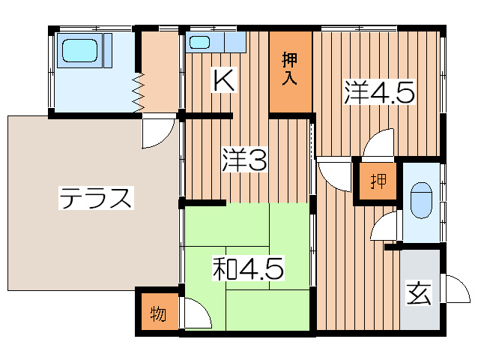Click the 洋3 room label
[243, 160]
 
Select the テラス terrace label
[96, 199]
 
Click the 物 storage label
[158, 313]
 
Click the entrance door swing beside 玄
[454, 289]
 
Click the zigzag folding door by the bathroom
[139, 94]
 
